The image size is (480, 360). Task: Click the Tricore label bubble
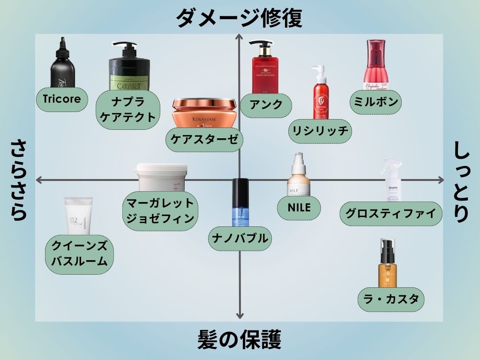click(62, 99)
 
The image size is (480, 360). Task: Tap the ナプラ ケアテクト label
click(127, 109)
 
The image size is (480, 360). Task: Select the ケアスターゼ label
click(204, 140)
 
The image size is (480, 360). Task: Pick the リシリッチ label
click(320, 130)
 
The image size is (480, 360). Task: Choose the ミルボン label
click(376, 102)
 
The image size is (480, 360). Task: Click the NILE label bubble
click(300, 207)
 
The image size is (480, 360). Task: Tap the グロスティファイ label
click(391, 213)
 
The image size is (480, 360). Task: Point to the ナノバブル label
click(240, 238)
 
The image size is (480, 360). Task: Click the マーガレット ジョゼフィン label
click(160, 211)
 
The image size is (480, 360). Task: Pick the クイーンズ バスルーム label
click(80, 254)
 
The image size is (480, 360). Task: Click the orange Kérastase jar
click(204, 113)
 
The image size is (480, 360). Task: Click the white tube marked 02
click(78, 216)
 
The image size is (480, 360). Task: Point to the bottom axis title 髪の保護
click(240, 339)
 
